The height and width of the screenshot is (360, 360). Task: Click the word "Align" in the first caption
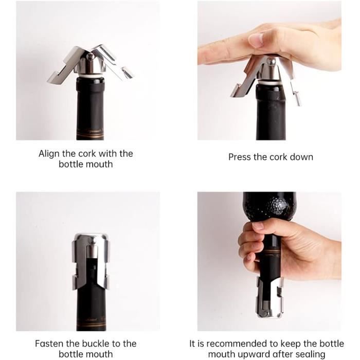[x=49, y=154]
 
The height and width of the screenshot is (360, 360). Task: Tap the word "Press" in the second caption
[x=240, y=157]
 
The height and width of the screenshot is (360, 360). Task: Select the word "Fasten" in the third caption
[x=49, y=344]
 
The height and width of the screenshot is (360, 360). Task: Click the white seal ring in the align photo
[x=90, y=75]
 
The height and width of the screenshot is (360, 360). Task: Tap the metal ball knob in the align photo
[x=91, y=56]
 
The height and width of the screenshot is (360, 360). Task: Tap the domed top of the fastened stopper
[x=92, y=238]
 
